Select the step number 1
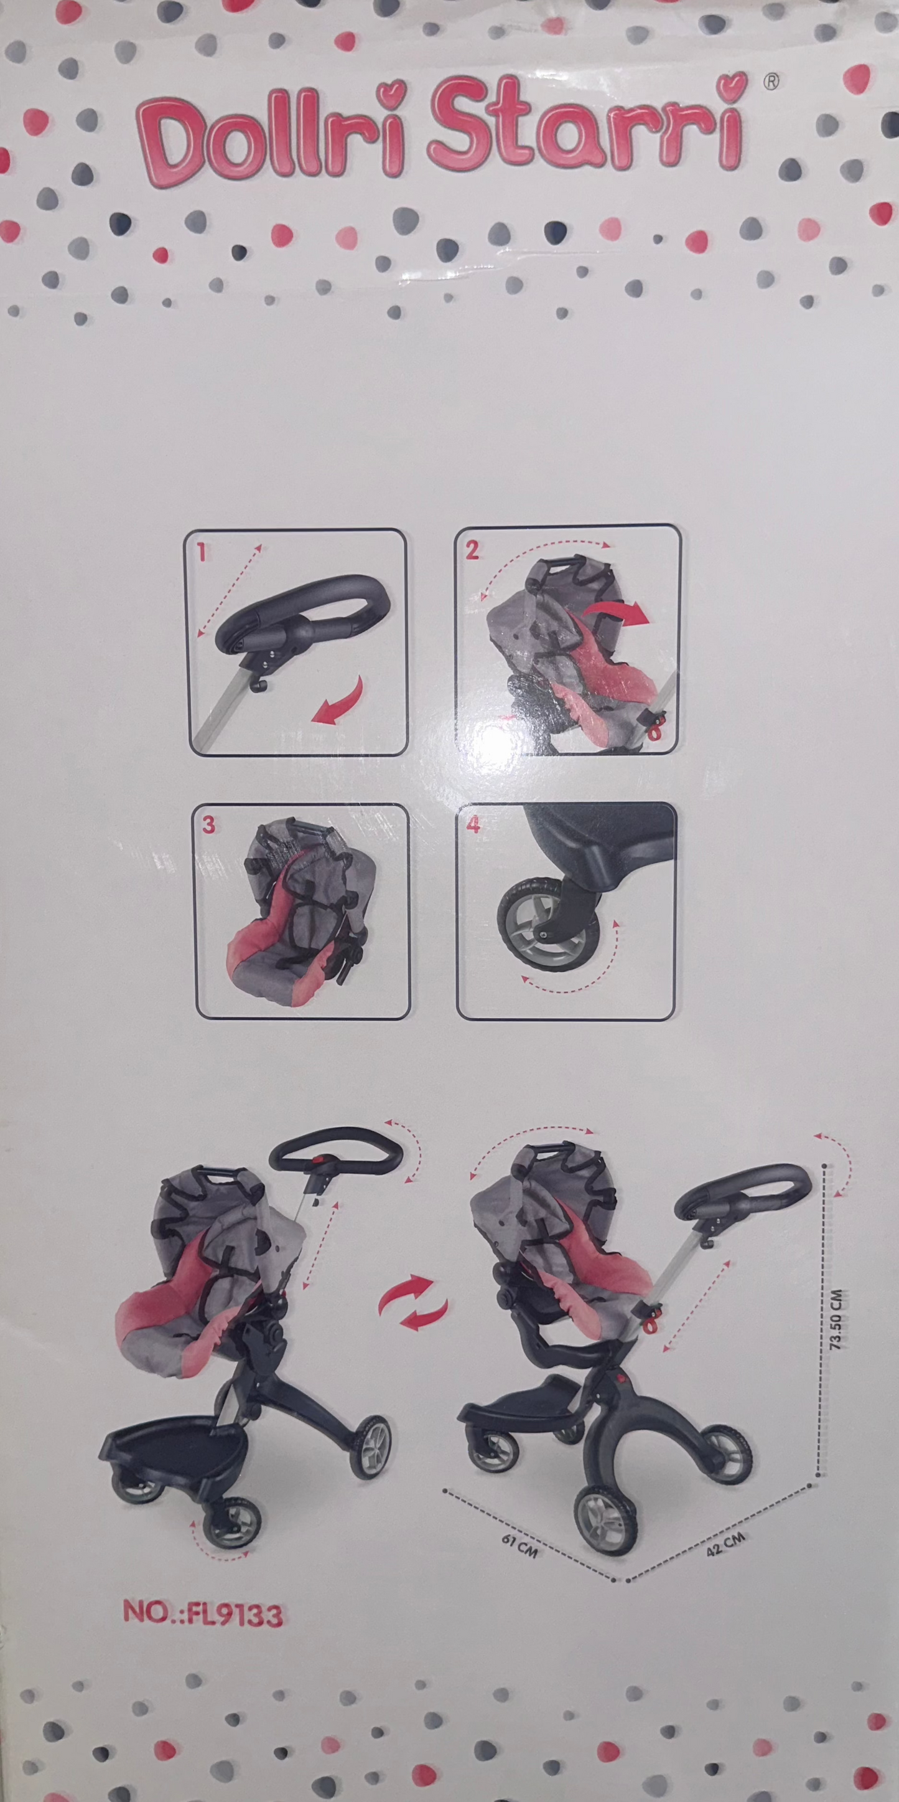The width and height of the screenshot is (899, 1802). pyautogui.click(x=202, y=553)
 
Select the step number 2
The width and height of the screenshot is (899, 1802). pyautogui.click(x=473, y=550)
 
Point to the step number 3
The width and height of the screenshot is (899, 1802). pyautogui.click(x=208, y=826)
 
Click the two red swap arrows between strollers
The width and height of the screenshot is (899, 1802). pyautogui.click(x=413, y=1303)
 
